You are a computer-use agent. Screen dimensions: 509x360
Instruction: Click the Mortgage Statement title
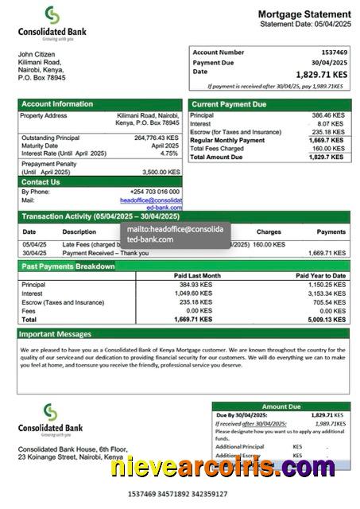pos(304,14)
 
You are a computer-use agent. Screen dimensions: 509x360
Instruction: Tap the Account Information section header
pos(57,104)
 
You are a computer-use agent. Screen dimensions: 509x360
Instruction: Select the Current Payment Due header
pos(230,104)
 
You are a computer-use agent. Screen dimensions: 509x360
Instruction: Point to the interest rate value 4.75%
pos(168,153)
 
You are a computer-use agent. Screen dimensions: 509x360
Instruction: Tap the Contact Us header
pos(41,182)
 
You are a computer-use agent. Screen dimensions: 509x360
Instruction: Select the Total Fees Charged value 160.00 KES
pos(327,149)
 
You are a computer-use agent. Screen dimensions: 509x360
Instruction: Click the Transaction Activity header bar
pos(100,216)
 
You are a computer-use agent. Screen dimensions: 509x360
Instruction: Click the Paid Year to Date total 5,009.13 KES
pos(323,319)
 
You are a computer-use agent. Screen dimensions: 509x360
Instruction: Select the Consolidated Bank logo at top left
pos(51,22)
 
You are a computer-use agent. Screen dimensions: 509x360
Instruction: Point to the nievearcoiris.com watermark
pos(223,468)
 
